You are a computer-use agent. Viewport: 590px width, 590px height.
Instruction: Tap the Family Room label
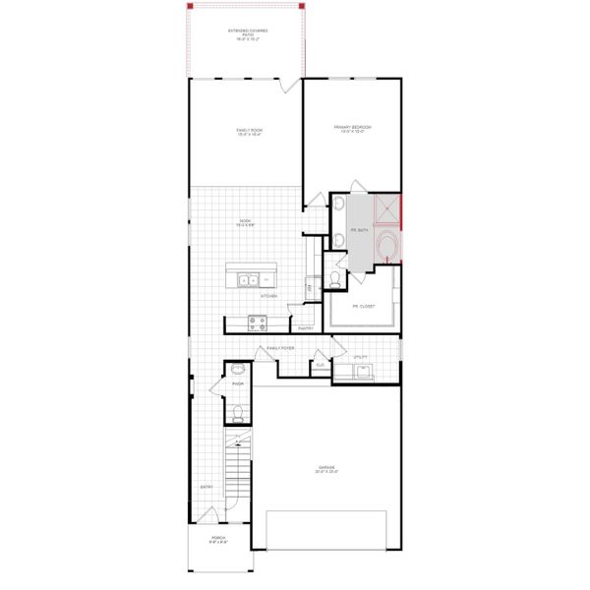pyautogui.click(x=249, y=132)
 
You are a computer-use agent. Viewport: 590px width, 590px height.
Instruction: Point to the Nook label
pyautogui.click(x=246, y=223)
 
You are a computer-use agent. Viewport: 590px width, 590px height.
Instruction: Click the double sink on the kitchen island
pyautogui.click(x=248, y=280)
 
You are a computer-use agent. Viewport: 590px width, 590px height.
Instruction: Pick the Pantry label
pyautogui.click(x=305, y=328)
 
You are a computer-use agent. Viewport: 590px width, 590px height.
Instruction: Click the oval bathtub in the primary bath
pyautogui.click(x=388, y=246)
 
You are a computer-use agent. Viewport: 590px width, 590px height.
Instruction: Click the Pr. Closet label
pyautogui.click(x=363, y=306)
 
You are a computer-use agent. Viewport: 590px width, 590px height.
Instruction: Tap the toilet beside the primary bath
pyautogui.click(x=335, y=279)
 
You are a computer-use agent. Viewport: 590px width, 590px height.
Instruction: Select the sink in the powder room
pyautogui.click(x=237, y=372)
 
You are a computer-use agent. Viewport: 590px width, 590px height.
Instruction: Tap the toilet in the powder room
pyautogui.click(x=236, y=413)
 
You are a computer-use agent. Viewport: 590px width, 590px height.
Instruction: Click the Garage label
pyautogui.click(x=327, y=469)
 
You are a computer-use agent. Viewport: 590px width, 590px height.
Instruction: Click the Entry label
pyautogui.click(x=206, y=487)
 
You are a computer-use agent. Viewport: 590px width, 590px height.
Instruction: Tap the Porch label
pyautogui.click(x=218, y=540)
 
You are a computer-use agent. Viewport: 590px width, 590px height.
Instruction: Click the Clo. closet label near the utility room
pyautogui.click(x=320, y=365)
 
